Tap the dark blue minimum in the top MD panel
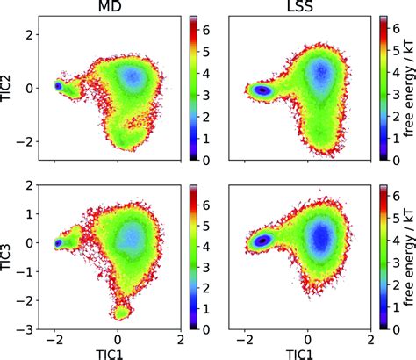(59, 86)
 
